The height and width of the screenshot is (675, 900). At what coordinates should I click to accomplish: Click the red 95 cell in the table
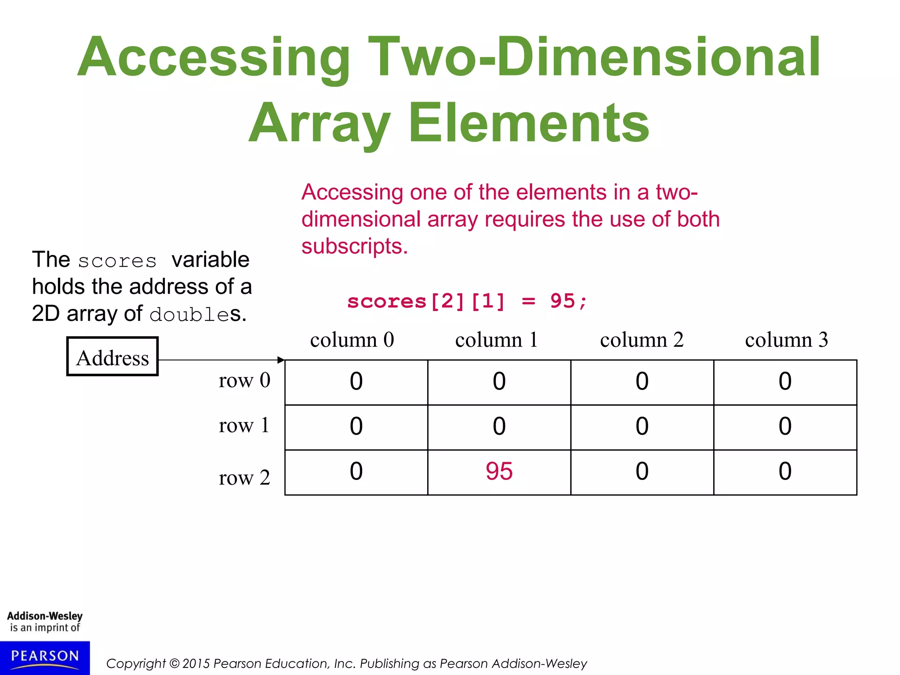tap(499, 472)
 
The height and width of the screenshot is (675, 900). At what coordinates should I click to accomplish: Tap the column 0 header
tap(352, 340)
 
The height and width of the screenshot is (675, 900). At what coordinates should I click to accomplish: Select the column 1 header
tap(497, 340)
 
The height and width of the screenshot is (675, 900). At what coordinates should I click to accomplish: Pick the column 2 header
tap(642, 340)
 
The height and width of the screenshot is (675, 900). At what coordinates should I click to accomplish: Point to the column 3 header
tap(786, 340)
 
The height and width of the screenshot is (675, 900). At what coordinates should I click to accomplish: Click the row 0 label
tap(244, 380)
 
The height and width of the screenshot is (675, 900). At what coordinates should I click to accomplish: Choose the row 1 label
tap(244, 425)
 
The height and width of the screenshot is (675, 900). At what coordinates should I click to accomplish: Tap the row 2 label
tap(244, 478)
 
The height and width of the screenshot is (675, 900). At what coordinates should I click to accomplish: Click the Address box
tap(112, 357)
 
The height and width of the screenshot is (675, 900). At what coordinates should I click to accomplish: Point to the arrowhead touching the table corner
tap(281, 360)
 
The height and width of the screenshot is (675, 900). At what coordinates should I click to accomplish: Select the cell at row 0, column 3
tap(785, 381)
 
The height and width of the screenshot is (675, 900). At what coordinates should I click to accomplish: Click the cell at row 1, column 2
tap(642, 426)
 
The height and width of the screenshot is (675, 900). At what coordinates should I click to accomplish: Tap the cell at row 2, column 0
tap(356, 472)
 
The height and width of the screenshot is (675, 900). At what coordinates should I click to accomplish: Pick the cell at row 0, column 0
tap(356, 381)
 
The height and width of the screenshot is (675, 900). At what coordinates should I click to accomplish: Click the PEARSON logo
tap(45, 657)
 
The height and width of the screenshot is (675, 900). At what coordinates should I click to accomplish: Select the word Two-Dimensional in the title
tap(593, 57)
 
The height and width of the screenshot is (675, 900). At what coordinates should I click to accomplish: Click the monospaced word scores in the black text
tap(117, 261)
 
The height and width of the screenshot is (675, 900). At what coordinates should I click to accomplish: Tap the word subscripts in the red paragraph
tap(354, 247)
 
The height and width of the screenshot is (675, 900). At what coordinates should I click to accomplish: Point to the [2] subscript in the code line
tap(447, 301)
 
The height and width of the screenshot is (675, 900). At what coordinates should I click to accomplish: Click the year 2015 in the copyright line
tap(196, 664)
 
